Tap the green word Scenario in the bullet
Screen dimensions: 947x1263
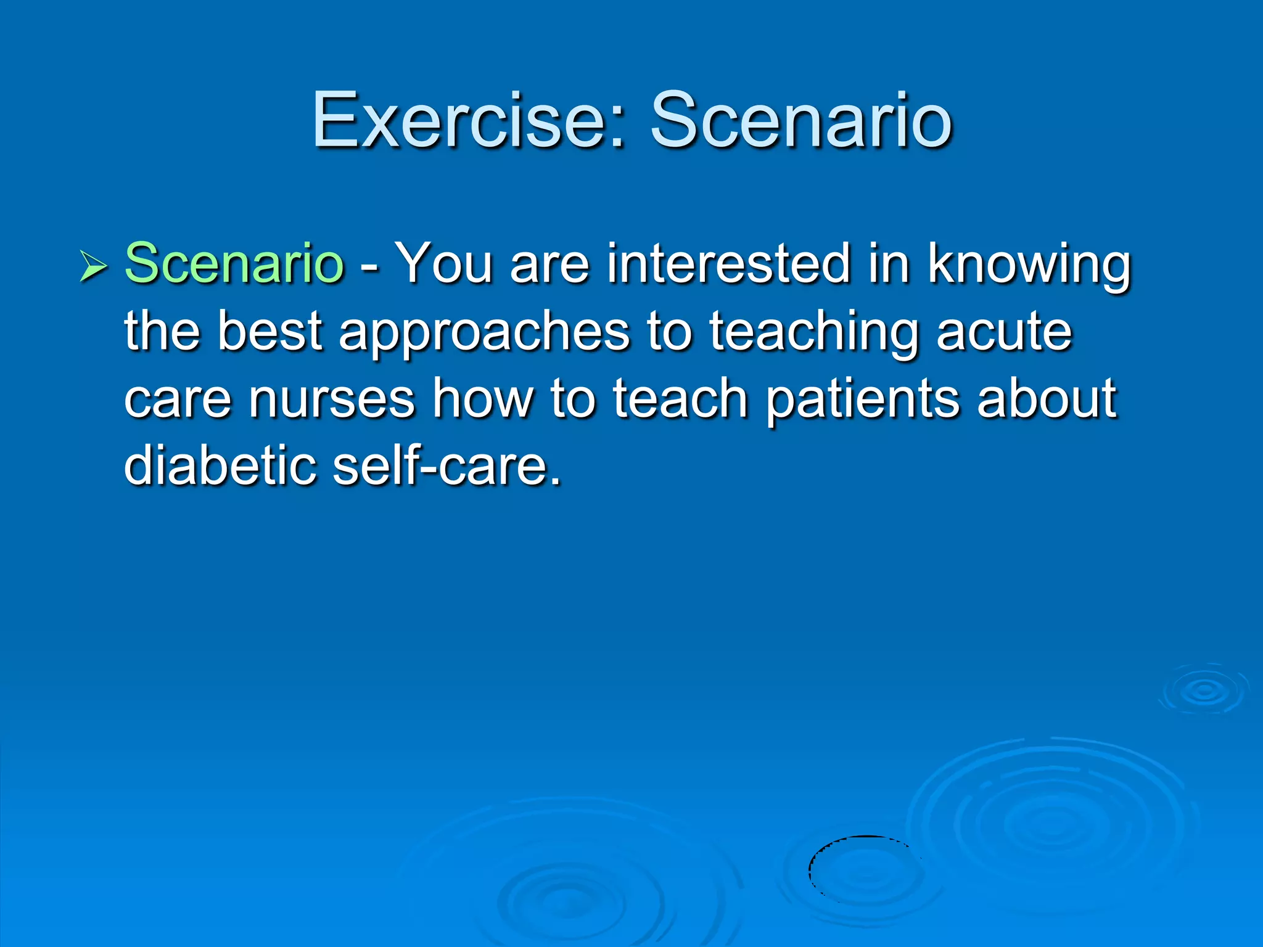click(x=234, y=263)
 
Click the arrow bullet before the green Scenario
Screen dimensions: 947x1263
click(x=93, y=267)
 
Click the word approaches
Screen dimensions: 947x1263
click(x=484, y=333)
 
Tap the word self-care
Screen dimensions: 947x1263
click(x=446, y=465)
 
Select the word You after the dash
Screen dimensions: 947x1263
click(x=443, y=263)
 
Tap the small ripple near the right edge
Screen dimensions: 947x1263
click(x=1203, y=690)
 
